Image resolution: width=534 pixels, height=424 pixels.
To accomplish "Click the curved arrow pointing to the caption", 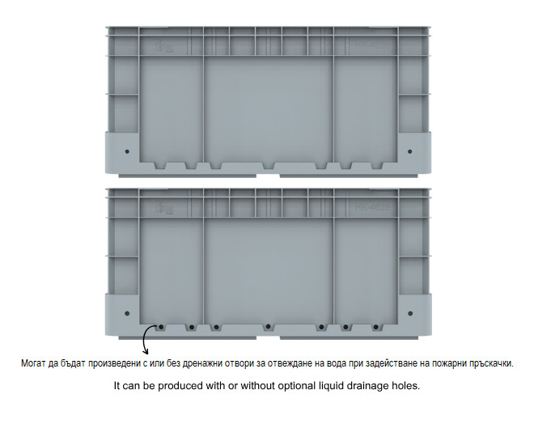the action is click(144, 338).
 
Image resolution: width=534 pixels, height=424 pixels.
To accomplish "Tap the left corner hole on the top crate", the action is click(127, 151).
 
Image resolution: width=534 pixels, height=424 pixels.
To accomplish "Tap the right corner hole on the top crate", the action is click(409, 151).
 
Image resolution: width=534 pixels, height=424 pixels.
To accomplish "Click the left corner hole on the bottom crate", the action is click(127, 313).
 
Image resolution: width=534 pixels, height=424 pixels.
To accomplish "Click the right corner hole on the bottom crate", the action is click(410, 313).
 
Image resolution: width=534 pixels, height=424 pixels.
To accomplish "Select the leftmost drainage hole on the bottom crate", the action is click(161, 327).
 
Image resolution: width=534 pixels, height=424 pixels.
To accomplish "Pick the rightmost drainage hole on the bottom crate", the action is click(376, 327).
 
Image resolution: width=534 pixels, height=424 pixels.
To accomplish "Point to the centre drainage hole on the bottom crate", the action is click(269, 327).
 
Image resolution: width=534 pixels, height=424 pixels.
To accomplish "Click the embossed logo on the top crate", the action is click(164, 46).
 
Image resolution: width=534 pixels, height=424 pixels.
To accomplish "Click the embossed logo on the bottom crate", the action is click(164, 208).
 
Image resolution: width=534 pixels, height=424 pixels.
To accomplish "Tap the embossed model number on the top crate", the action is click(372, 45).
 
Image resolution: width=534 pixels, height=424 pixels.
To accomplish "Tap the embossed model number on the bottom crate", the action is click(372, 206).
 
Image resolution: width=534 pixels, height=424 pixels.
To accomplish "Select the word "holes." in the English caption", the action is click(406, 385).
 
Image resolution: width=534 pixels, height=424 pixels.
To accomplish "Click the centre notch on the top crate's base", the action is click(269, 166).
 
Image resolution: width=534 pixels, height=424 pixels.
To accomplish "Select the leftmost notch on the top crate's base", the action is click(161, 166).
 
